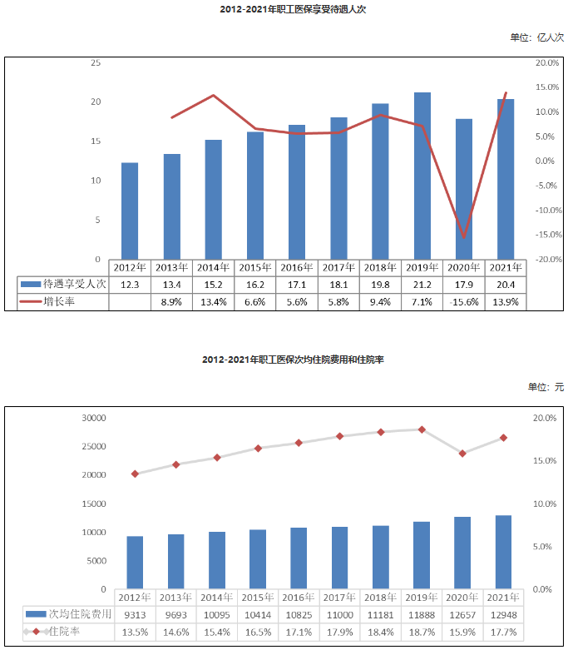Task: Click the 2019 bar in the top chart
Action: tap(422, 176)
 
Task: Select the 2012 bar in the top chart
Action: tap(130, 211)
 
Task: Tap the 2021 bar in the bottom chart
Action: tap(503, 552)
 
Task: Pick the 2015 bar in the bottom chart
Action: tap(258, 559)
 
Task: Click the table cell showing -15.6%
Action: tap(464, 302)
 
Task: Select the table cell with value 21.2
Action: tap(422, 285)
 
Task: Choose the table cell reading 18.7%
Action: tap(422, 632)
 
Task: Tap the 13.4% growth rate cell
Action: tap(213, 302)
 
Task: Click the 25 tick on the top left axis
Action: tap(96, 63)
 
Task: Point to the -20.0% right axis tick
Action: tap(546, 260)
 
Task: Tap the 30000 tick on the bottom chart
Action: tap(92, 418)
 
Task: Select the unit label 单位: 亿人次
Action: tap(537, 37)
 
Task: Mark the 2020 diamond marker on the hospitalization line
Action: tap(462, 454)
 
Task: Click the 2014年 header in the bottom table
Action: tap(216, 597)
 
